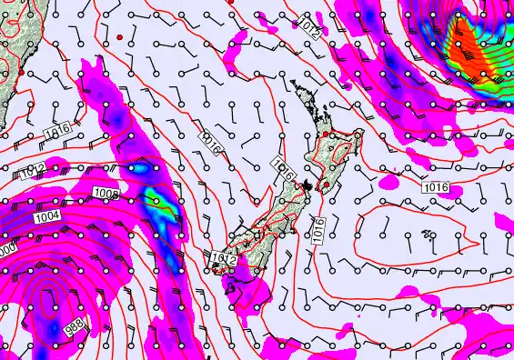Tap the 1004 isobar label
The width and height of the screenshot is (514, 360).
(48, 216)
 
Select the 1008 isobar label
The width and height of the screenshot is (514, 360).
(106, 193)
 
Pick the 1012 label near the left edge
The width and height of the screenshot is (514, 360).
(33, 169)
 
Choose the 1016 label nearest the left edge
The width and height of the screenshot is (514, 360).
(55, 134)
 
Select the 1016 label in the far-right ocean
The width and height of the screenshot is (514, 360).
(436, 186)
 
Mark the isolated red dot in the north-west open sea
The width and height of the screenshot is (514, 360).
(119, 36)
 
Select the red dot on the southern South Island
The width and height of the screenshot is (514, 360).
(217, 267)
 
